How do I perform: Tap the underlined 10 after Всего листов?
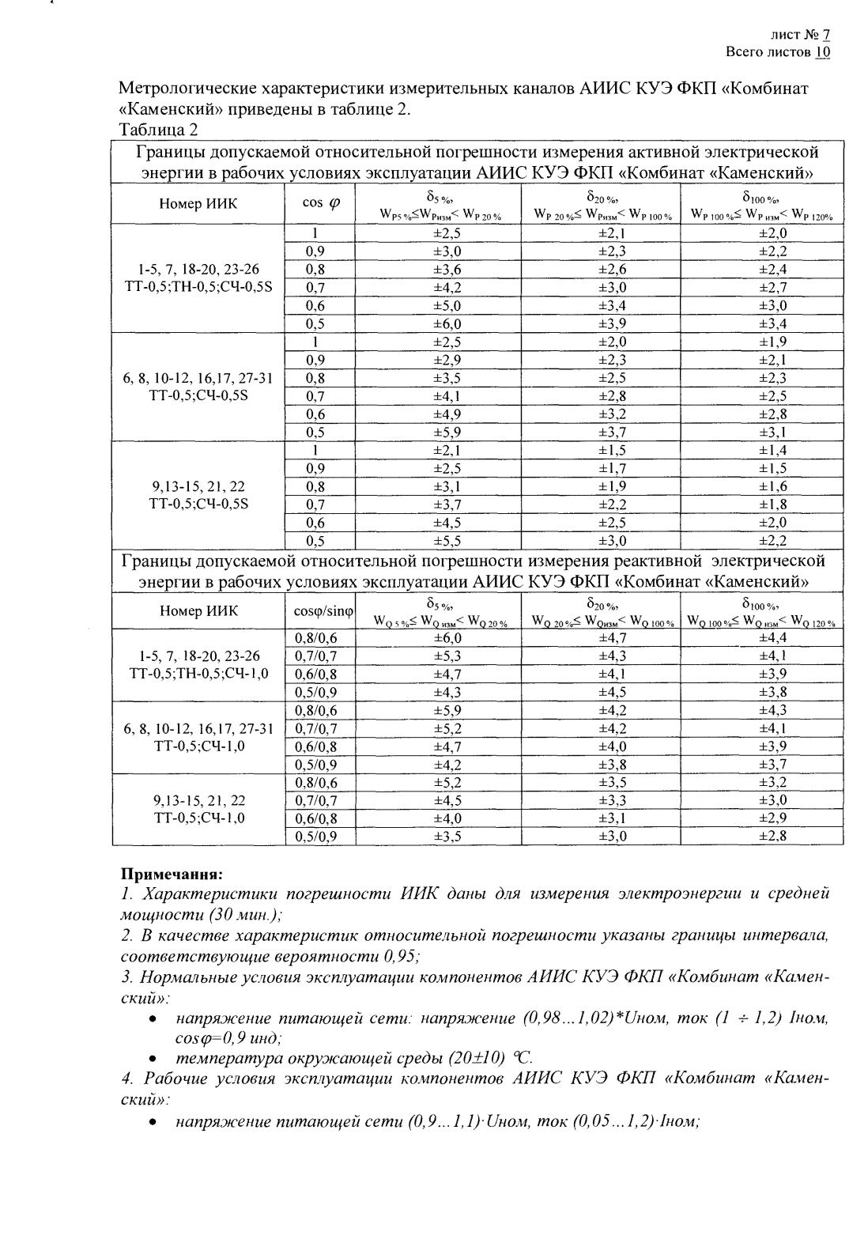pyautogui.click(x=823, y=52)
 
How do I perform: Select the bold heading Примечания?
pyautogui.click(x=172, y=875)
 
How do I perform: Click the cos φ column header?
pyautogui.click(x=319, y=203)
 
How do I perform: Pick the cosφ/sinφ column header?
pyautogui.click(x=319, y=611)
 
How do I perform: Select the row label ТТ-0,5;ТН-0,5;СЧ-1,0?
pyautogui.click(x=198, y=674)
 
